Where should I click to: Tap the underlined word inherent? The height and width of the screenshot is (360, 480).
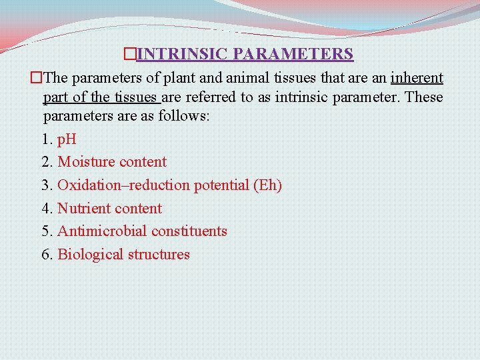pyautogui.click(x=417, y=78)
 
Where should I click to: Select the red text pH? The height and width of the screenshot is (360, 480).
pyautogui.click(x=67, y=140)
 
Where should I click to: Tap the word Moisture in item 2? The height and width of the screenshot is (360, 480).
pyautogui.click(x=85, y=162)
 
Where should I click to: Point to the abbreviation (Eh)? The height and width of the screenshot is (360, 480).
pyautogui.click(x=267, y=185)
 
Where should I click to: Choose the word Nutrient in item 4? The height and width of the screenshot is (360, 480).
pyautogui.click(x=83, y=209)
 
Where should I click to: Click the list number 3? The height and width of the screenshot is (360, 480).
pyautogui.click(x=46, y=185)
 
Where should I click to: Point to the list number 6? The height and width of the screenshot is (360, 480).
pyautogui.click(x=46, y=255)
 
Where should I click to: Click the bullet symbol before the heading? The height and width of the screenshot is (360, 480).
pyautogui.click(x=130, y=53)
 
